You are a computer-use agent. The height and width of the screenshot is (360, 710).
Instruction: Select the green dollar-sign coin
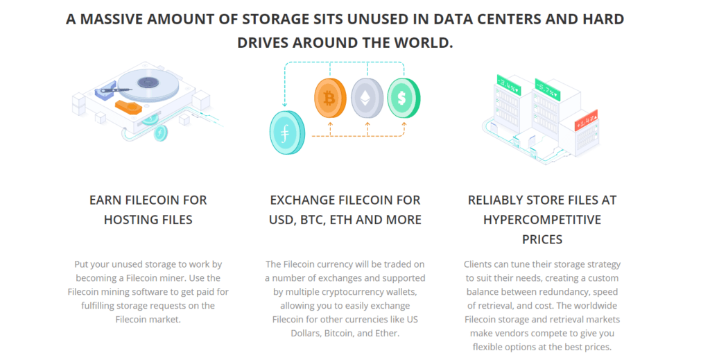tap(401, 98)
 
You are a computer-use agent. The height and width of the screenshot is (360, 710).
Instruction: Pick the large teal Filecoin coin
tap(286, 132)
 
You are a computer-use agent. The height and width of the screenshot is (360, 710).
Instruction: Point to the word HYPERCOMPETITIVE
tap(542, 219)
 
